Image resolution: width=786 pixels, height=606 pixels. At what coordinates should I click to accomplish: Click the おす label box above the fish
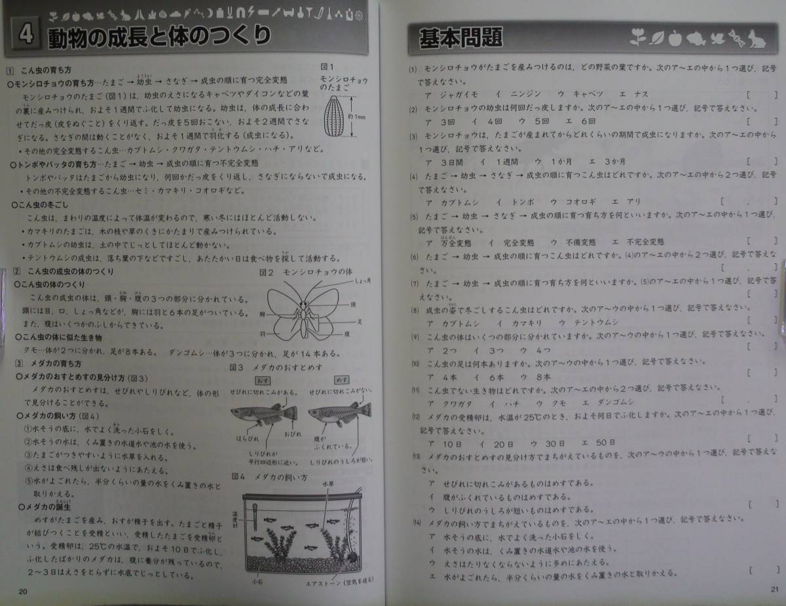pos(262,380)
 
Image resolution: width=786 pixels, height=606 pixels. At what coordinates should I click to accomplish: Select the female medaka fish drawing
pos(339,413)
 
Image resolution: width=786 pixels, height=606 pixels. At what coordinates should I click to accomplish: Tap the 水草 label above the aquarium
pos(327,484)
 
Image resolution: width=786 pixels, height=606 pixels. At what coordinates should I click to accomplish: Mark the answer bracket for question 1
pos(760,94)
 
